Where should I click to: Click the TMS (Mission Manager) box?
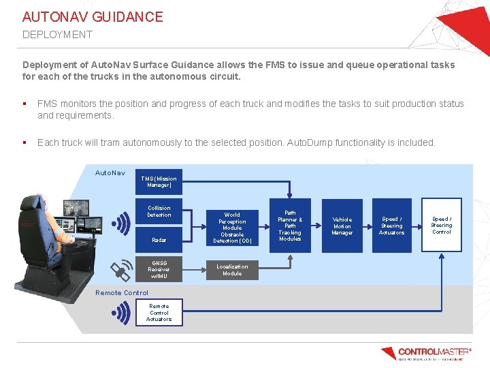coord(159,182)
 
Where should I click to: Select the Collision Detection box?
coord(159,211)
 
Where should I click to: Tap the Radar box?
coord(159,240)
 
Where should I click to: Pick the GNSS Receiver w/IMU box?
coord(159,270)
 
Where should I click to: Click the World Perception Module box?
coord(232,228)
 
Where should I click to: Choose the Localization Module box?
coord(232,270)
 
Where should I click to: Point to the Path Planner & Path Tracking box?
coord(290,226)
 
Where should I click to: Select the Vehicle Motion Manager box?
coord(342,226)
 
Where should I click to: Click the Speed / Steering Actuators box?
coord(391,226)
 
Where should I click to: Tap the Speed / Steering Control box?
coord(441,226)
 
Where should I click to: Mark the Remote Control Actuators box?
coord(159,313)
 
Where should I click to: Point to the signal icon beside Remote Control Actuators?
coord(121,313)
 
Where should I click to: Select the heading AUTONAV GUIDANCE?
coord(93,17)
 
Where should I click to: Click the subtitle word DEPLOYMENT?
coord(57,34)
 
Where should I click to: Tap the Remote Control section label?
coord(122,293)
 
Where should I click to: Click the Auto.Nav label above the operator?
coord(110,173)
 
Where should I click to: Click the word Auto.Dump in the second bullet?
coord(309,142)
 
